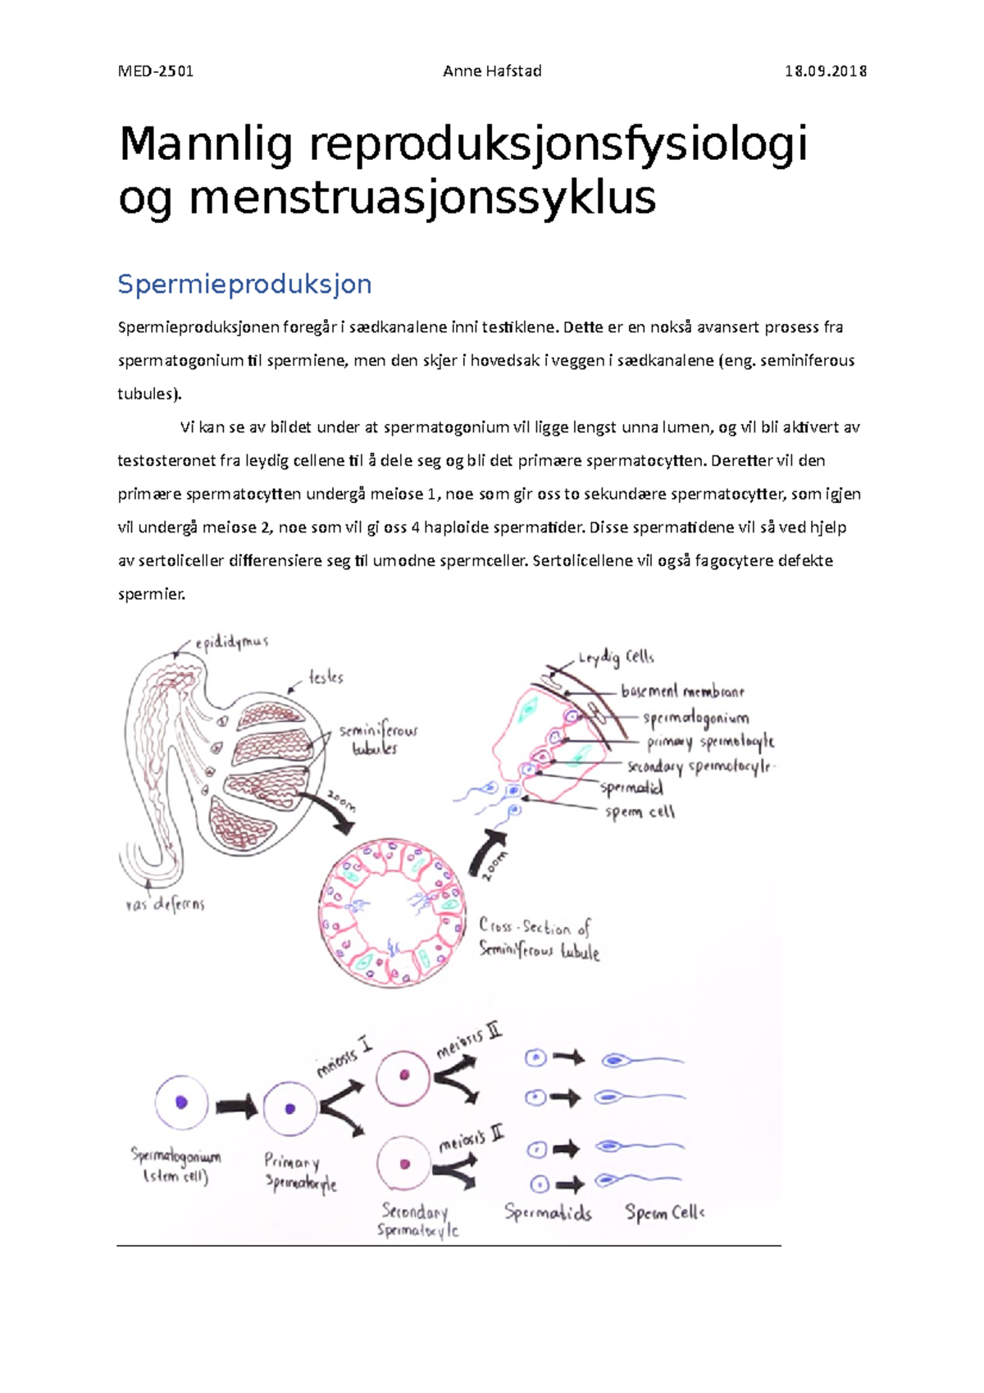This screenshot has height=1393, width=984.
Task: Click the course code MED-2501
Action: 156,71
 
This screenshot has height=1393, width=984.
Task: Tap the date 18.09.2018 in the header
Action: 826,71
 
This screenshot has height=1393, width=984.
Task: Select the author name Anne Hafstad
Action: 492,71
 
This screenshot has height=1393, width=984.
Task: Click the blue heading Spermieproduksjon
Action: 244,284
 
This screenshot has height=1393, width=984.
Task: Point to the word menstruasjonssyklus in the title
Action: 422,198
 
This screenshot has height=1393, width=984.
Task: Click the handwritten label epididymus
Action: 231,642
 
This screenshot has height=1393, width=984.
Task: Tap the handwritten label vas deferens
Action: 165,904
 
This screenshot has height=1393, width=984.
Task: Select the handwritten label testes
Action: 326,678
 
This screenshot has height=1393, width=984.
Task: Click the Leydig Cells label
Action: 616,658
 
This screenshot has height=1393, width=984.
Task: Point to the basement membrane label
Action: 682,692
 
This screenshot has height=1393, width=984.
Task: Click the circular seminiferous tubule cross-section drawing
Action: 392,911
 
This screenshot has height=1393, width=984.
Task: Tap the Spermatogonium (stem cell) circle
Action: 181,1103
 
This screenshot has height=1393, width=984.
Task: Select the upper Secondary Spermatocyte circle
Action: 403,1076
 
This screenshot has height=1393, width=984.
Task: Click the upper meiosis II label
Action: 469,1040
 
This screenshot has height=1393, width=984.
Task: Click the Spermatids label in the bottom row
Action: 548,1212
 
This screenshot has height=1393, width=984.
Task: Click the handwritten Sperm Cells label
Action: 664,1212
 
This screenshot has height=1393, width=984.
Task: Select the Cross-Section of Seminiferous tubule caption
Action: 539,939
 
